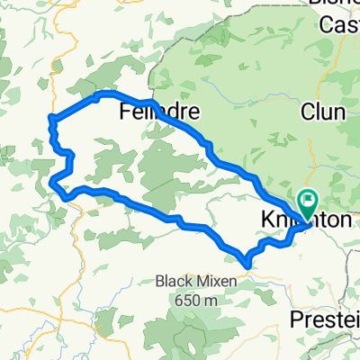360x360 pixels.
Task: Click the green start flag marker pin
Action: pyautogui.click(x=307, y=202)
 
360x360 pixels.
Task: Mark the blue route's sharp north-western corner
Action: pyautogui.click(x=52, y=117)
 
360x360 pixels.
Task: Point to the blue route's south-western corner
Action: pyautogui.click(x=56, y=184)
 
